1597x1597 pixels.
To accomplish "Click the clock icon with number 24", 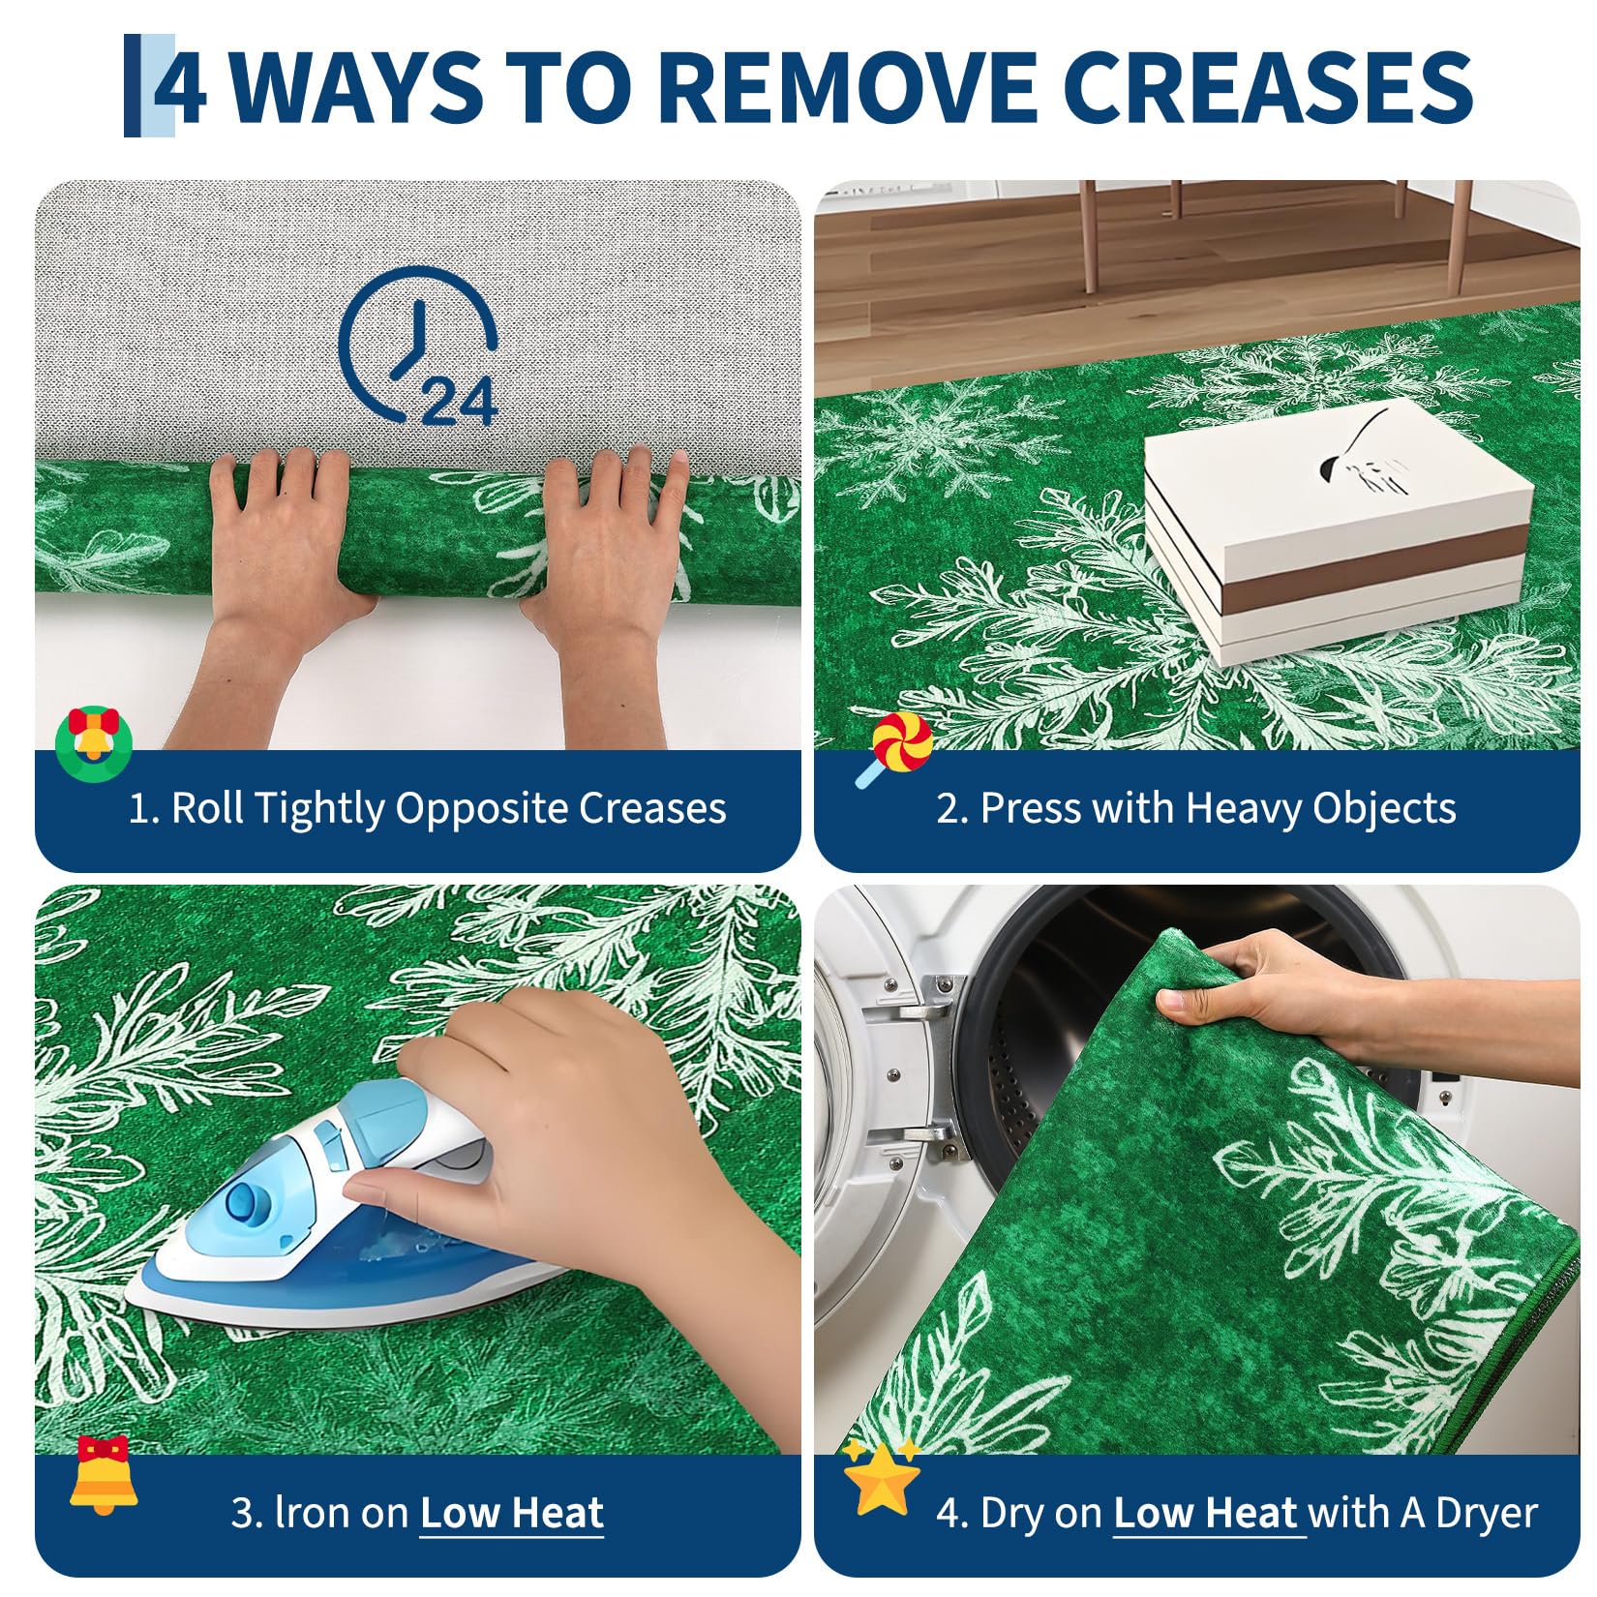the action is [x=418, y=346].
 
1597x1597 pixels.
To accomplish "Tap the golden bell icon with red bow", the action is [x=103, y=1475].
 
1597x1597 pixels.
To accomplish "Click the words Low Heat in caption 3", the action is [x=512, y=1512].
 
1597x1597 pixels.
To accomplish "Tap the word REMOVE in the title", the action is [x=852, y=87].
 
